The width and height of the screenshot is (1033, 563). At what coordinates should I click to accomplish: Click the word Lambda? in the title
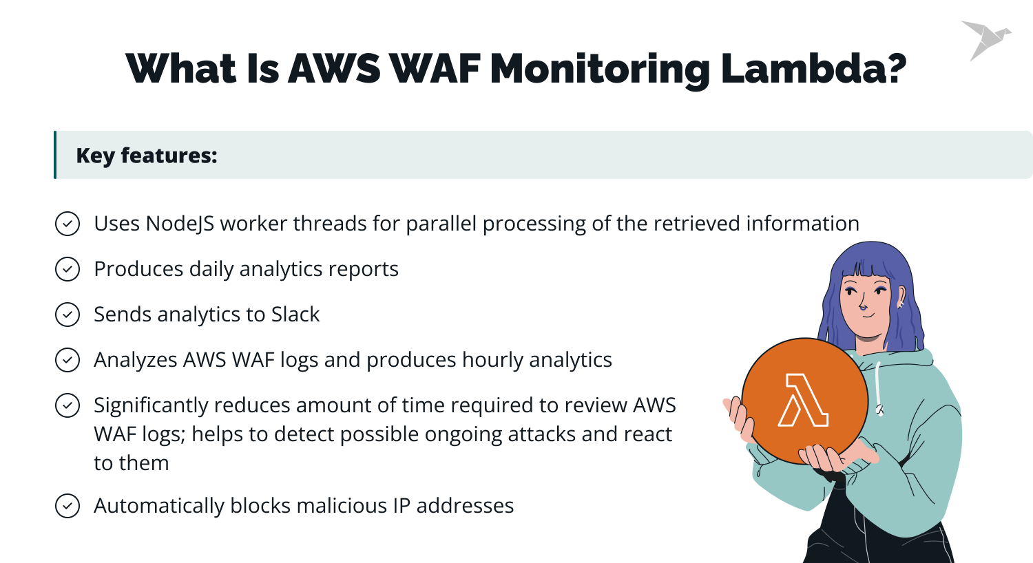813,69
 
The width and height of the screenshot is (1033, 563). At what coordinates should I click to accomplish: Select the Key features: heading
147,156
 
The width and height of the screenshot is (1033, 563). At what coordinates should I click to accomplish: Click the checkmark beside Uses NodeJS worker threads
67,224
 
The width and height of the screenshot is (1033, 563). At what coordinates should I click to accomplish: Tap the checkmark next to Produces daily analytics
67,269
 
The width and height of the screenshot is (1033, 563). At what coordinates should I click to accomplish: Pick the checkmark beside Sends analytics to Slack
67,315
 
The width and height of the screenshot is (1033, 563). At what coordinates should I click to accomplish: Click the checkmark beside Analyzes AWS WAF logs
67,360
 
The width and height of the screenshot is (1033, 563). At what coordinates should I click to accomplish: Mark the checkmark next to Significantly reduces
67,405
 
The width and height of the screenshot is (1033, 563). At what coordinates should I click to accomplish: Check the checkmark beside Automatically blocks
67,506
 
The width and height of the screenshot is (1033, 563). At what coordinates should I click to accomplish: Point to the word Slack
295,315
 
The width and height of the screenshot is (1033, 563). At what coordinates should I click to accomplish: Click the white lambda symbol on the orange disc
803,401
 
